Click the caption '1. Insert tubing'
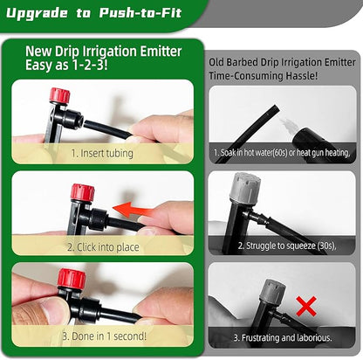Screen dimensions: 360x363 102,153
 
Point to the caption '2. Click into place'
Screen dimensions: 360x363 102,246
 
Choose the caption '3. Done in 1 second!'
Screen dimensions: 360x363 102,336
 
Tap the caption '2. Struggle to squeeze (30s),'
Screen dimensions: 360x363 284,246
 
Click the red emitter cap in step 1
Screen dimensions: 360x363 59,95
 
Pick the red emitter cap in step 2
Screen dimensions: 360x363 82,192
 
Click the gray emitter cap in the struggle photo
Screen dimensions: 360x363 245,186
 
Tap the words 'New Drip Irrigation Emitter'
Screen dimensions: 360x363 102,52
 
